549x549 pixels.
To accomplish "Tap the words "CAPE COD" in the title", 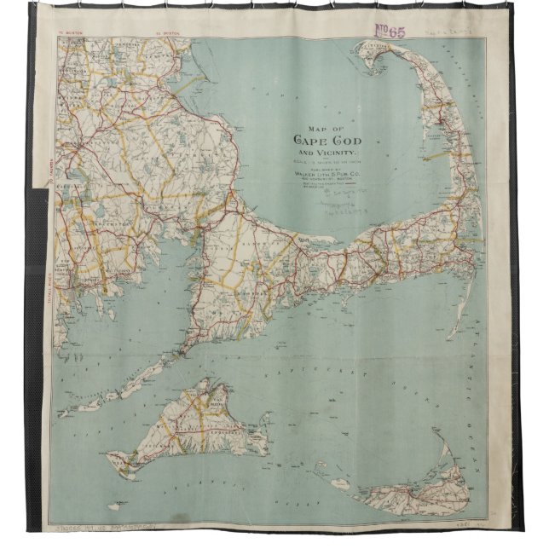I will pos(331,142).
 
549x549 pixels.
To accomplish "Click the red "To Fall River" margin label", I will pos(42,256).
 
